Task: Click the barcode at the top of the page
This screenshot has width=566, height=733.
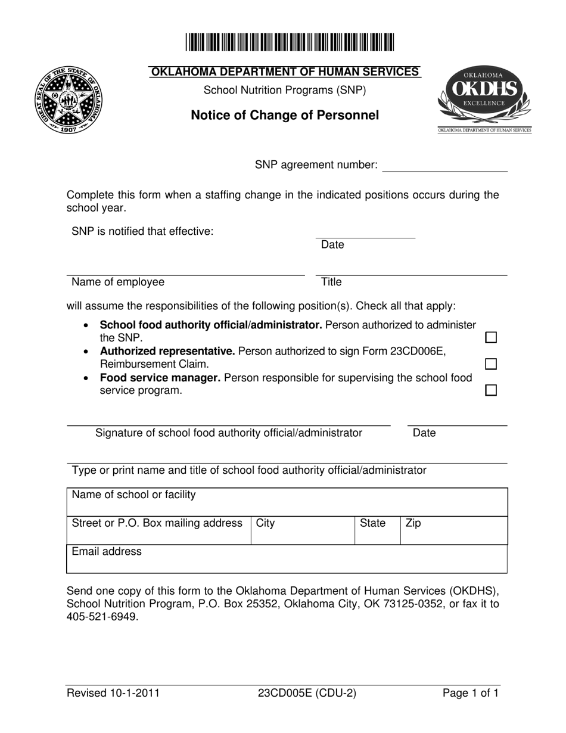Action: pyautogui.click(x=290, y=43)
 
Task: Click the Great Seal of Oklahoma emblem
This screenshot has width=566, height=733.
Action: pyautogui.click(x=69, y=100)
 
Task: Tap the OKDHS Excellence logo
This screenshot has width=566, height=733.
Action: pyautogui.click(x=484, y=99)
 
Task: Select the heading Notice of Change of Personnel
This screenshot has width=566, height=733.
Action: pyautogui.click(x=285, y=116)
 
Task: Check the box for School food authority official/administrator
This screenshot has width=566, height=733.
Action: pyautogui.click(x=491, y=338)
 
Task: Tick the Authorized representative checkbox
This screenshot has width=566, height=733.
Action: pyautogui.click(x=491, y=364)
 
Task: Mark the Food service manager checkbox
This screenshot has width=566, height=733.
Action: pyautogui.click(x=491, y=390)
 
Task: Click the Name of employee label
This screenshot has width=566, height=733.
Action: pyautogui.click(x=118, y=282)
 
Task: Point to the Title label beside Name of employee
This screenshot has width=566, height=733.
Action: pyautogui.click(x=331, y=282)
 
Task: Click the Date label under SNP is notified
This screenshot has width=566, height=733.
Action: pyautogui.click(x=332, y=245)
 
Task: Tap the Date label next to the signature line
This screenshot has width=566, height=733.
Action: pyautogui.click(x=424, y=433)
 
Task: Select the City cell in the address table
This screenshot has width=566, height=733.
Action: pyautogui.click(x=303, y=530)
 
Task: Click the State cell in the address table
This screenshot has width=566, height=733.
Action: pyautogui.click(x=377, y=530)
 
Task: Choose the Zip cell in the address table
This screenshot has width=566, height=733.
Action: pyautogui.click(x=453, y=530)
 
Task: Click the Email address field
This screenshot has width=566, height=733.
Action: pyautogui.click(x=287, y=559)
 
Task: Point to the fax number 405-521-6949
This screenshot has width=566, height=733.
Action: pyautogui.click(x=102, y=617)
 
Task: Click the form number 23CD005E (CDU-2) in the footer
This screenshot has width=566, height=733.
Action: pyautogui.click(x=307, y=693)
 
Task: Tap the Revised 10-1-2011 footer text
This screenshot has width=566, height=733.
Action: pyautogui.click(x=113, y=693)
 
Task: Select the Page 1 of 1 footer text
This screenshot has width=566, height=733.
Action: pyautogui.click(x=470, y=693)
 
